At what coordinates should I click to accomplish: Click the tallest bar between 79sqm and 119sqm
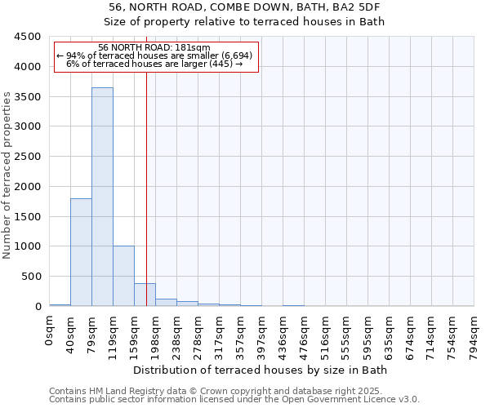[102, 197]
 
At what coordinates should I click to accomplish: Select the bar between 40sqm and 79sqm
[81, 252]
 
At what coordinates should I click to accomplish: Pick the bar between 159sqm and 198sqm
[145, 295]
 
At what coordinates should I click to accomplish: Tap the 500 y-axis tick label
[31, 277]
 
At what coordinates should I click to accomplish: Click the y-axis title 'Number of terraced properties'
[7, 175]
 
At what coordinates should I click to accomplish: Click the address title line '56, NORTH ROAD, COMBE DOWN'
[261, 7]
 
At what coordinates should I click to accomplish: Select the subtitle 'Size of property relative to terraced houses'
[261, 21]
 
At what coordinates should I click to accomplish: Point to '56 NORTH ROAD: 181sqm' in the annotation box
[154, 48]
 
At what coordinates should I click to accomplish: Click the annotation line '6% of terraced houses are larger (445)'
[154, 64]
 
